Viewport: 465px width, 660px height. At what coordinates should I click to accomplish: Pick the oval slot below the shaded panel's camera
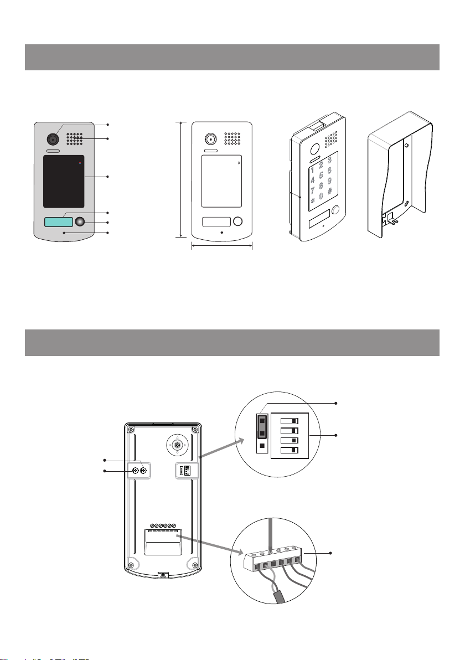53,151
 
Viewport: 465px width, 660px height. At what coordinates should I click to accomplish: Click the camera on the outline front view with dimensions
210,138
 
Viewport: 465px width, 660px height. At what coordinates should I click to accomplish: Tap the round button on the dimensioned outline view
238,221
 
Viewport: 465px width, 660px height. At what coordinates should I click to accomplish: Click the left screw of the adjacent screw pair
135,471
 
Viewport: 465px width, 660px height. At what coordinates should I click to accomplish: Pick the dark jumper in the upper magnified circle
262,427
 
